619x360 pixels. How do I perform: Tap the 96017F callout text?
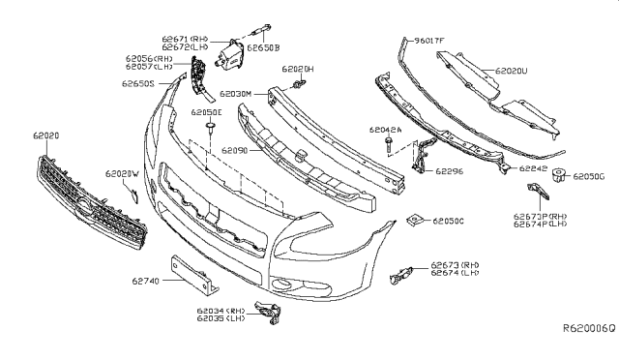[x=427, y=41]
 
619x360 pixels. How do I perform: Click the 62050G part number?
[x=590, y=177]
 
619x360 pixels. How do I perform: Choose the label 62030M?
[x=237, y=94]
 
